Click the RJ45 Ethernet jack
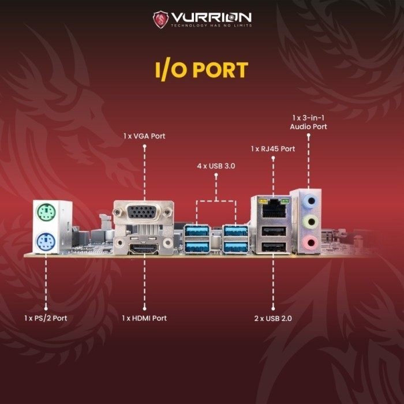[272, 208]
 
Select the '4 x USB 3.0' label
[216, 166]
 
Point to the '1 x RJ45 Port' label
[273, 149]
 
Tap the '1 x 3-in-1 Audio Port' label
[309, 122]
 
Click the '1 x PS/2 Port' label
[46, 318]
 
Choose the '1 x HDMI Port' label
[144, 318]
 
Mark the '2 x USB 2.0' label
[274, 318]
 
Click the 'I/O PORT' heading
[201, 69]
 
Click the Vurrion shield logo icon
[160, 19]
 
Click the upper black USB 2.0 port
[272, 231]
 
